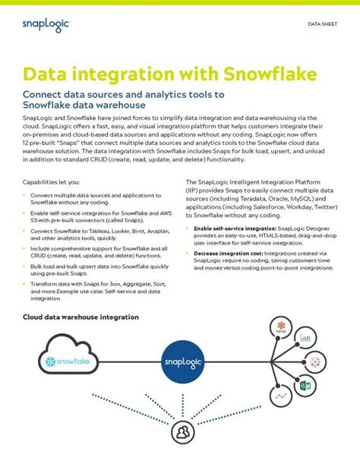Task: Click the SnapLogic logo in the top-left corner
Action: tap(46, 26)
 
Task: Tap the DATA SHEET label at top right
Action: tap(322, 24)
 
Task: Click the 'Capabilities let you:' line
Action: tap(50, 182)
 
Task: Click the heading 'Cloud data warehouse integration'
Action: tap(81, 317)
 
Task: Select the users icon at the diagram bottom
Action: tap(182, 433)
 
